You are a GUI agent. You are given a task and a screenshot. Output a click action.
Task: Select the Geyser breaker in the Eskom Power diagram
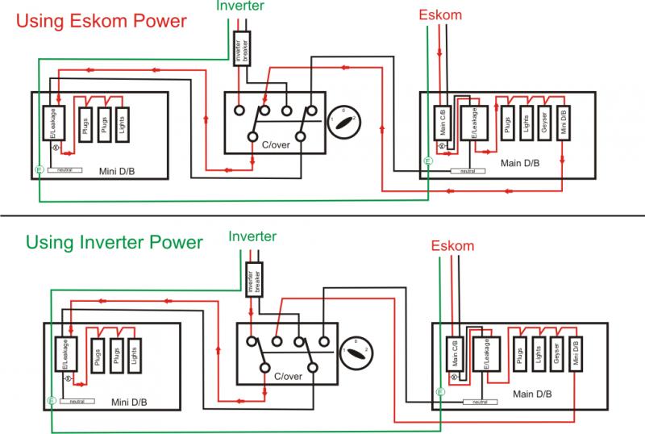tap(545, 123)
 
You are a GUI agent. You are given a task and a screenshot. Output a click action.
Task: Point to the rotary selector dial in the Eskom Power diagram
tap(343, 122)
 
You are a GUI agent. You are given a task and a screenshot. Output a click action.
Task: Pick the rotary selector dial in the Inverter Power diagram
tap(355, 352)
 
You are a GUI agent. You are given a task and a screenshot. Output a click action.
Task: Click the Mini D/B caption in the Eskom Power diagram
tap(119, 171)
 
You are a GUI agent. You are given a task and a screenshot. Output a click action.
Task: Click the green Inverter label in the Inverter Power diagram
tap(252, 236)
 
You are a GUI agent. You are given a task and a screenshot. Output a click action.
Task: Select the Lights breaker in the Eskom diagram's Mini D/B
tap(122, 125)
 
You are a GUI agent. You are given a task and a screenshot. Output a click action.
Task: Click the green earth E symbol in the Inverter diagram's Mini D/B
tap(50, 400)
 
